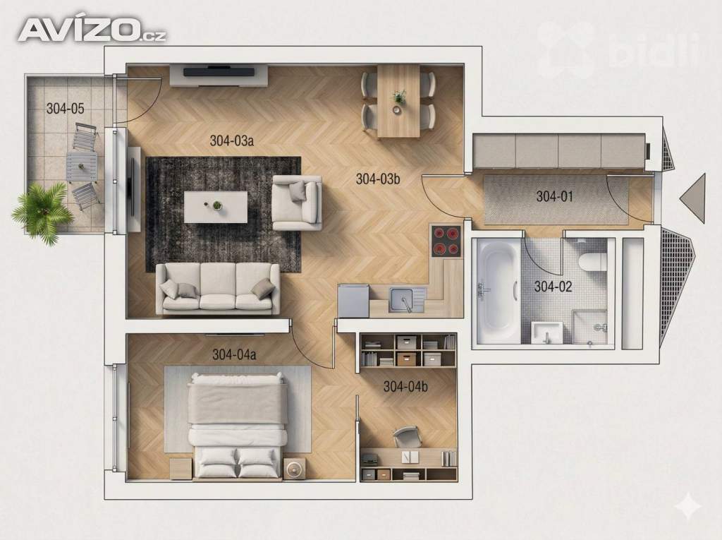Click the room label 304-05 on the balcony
coord(66,109)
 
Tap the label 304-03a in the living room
coord(231,140)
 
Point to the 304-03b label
coord(378,179)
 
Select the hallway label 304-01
coord(555,196)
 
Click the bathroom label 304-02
coord(553,287)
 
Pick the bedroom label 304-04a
coord(234,354)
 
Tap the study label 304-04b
coord(405,386)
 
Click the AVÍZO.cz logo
coord(92,30)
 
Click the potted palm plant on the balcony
coord(42,212)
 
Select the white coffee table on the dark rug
coord(216,207)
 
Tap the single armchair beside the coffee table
coord(297,203)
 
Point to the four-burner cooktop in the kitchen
coord(446,241)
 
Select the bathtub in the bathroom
coord(498,291)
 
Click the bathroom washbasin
coord(546,332)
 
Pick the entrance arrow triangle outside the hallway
coord(693,196)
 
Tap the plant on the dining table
coord(399,97)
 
